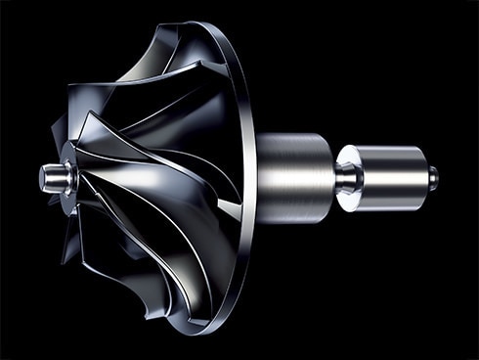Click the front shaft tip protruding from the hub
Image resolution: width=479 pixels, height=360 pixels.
49,177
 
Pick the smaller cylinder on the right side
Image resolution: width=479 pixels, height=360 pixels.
391,175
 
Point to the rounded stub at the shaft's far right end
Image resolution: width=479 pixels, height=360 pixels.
432,176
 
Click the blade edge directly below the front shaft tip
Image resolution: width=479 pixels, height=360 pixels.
73,220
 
